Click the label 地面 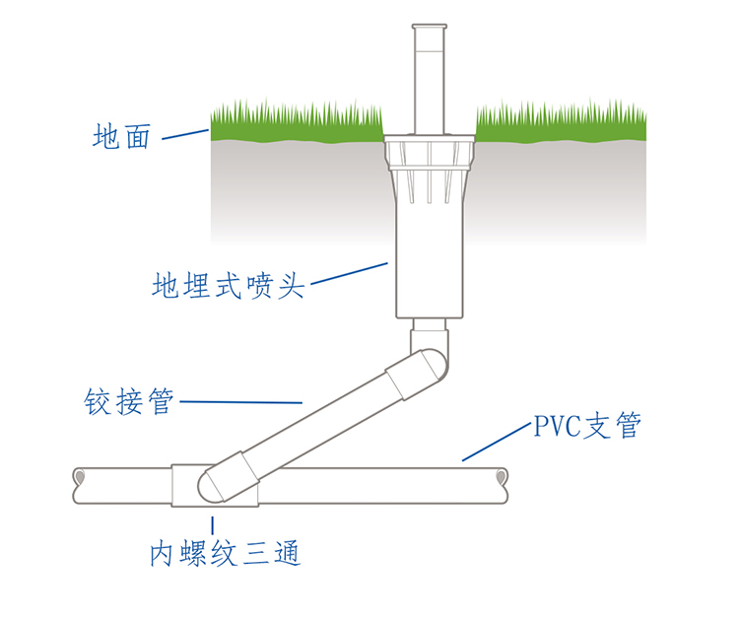tap(122, 136)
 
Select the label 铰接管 tap(129, 402)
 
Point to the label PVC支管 tap(587, 427)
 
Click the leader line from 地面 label tap(185, 134)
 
